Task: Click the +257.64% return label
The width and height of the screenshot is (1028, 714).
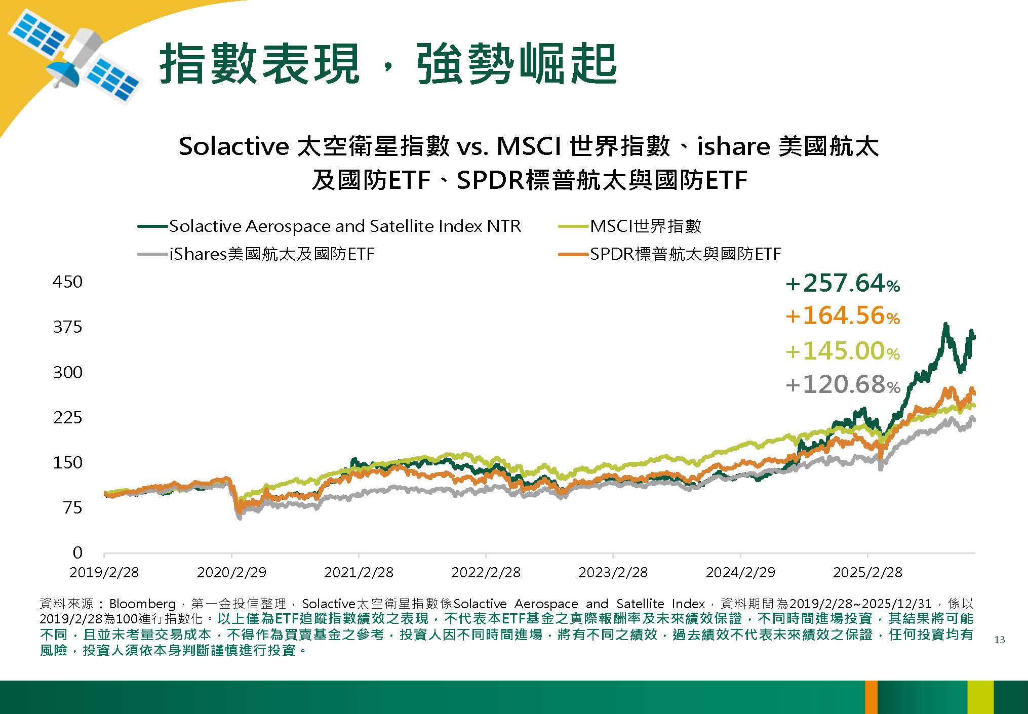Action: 843,283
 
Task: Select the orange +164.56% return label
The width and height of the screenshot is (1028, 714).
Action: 843,316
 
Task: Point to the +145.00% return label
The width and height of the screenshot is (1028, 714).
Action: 843,351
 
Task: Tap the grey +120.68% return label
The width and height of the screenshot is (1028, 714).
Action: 843,384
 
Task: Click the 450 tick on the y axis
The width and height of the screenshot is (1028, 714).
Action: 67,282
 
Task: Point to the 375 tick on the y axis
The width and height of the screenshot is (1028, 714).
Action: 67,327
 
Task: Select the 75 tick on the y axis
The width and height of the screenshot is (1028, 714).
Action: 73,507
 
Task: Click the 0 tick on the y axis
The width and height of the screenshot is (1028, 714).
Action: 77,552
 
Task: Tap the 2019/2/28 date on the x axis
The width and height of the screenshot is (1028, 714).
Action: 104,573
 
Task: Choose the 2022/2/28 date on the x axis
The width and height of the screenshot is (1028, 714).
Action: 486,573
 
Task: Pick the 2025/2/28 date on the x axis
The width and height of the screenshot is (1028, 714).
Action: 867,573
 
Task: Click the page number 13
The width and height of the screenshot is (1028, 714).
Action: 999,640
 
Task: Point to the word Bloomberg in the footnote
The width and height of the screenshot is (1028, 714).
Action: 142,604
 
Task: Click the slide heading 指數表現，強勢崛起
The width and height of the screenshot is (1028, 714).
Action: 388,64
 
